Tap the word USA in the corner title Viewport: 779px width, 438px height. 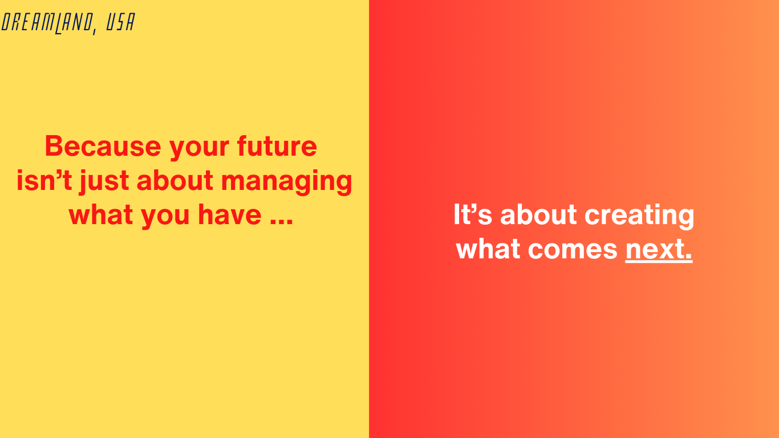[120, 22]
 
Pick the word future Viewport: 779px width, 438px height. [277, 146]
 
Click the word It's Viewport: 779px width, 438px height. [472, 214]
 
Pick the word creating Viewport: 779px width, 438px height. [639, 216]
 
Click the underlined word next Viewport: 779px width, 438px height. [659, 249]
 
